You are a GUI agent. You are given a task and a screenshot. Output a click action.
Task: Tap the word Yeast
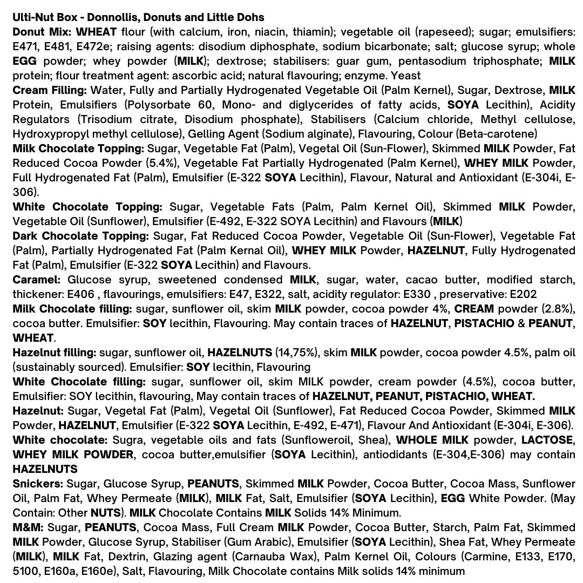(x=406, y=76)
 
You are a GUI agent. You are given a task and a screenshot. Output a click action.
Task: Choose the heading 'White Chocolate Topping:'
(x=87, y=207)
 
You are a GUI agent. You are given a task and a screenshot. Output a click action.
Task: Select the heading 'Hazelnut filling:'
(x=55, y=352)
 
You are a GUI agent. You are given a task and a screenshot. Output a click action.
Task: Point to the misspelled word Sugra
(x=127, y=440)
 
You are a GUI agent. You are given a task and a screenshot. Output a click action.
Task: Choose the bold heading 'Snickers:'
(x=38, y=484)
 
